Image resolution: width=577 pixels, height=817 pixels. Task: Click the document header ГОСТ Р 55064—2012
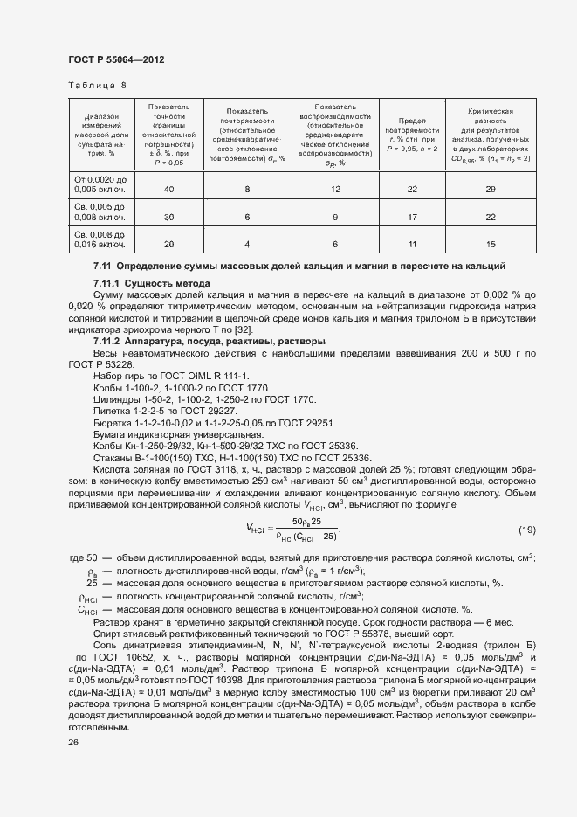click(x=116, y=59)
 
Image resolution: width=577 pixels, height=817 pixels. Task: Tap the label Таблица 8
click(x=97, y=86)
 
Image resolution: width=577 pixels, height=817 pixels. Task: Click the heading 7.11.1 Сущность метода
click(x=151, y=284)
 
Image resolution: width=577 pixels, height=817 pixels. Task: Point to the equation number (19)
click(x=526, y=529)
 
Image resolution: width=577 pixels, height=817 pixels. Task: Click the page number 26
click(x=73, y=742)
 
